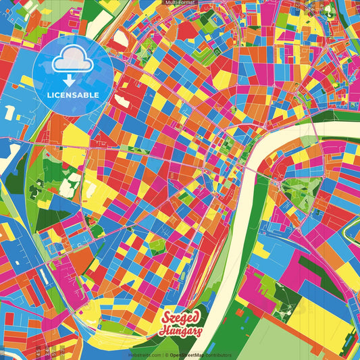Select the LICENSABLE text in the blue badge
[73, 95]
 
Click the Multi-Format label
[180, 3]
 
